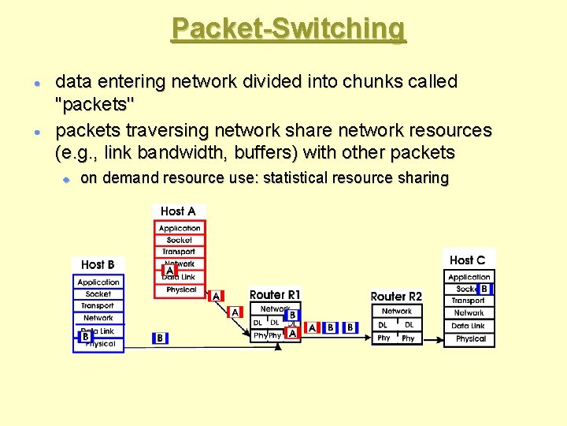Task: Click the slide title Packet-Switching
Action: (x=288, y=28)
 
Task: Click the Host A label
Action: (x=178, y=211)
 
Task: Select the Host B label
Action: (x=98, y=264)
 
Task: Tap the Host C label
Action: (x=467, y=260)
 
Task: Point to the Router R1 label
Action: (x=275, y=295)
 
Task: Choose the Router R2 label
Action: (x=396, y=297)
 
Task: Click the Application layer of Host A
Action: (x=180, y=228)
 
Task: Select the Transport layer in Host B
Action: (x=98, y=305)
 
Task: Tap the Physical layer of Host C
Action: (x=470, y=338)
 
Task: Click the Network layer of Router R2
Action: (x=396, y=311)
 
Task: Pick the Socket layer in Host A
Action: (x=180, y=240)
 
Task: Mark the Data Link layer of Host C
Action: (x=469, y=326)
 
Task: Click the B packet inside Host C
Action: (x=484, y=289)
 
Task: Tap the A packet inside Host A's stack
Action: (x=170, y=271)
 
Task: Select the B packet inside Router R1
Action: (x=292, y=315)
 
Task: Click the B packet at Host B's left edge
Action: (x=86, y=337)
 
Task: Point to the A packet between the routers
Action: (x=313, y=327)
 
